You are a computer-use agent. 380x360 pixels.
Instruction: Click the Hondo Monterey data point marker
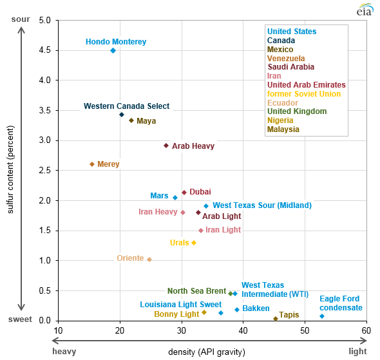(x=113, y=50)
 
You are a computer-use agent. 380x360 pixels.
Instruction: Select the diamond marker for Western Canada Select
(x=122, y=115)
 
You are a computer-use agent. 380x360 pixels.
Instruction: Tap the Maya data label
(x=146, y=120)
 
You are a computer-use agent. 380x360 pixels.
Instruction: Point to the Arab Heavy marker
(x=166, y=146)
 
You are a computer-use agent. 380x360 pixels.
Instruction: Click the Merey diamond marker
(x=92, y=164)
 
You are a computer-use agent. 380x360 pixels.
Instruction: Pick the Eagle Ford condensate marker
(x=322, y=316)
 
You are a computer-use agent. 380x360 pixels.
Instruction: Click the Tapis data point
(x=276, y=318)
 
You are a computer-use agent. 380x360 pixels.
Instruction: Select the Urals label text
(x=179, y=243)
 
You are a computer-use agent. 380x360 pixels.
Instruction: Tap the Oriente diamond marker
(x=149, y=260)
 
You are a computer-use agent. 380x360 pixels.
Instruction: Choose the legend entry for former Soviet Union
(x=304, y=94)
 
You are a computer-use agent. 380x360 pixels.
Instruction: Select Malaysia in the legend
(x=283, y=129)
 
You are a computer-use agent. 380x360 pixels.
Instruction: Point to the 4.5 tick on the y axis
(x=45, y=50)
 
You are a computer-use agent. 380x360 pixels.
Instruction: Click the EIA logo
(x=365, y=10)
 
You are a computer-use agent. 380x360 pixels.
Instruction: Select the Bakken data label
(x=256, y=309)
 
